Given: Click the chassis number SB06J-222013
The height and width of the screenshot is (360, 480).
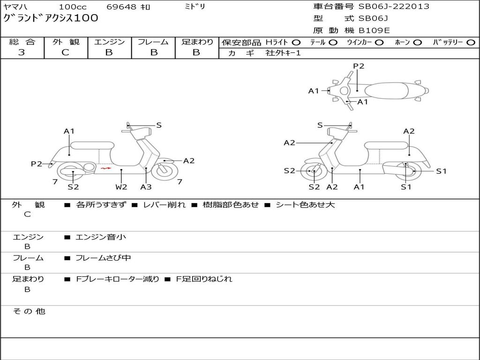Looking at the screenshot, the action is pos(394,7).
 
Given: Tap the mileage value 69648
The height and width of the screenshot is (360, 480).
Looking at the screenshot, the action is pos(121,7).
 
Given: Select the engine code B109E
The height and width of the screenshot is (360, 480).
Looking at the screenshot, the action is pos(374,31).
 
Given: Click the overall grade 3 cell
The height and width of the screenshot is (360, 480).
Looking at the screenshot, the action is pos(22,52).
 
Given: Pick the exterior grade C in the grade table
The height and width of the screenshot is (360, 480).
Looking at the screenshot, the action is pos(65,52).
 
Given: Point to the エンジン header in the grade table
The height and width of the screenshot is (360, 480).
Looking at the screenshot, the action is pos(109,42).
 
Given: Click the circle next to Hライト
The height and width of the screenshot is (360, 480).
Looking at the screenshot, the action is pos(296,42).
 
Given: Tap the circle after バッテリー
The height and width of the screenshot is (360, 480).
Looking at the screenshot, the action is pos(471,42).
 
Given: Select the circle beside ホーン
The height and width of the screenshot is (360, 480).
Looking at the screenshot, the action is pos(417,42).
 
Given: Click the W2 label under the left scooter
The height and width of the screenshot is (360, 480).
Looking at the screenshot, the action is pos(121,187).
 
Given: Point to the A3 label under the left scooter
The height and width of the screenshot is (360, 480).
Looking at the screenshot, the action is pos(146,187).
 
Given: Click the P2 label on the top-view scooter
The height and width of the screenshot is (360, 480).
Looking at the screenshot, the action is pos(359,66).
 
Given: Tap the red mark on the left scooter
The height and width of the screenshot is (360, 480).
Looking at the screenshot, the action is pos(105,167).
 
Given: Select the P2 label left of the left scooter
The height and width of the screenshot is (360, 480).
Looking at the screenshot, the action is pos(37,164).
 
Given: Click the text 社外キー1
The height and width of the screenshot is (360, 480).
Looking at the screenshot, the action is pos(283,53).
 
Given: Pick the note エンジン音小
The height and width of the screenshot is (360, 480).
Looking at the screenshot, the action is pos(101,237).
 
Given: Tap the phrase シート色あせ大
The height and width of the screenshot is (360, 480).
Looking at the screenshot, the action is pos(305,205).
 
